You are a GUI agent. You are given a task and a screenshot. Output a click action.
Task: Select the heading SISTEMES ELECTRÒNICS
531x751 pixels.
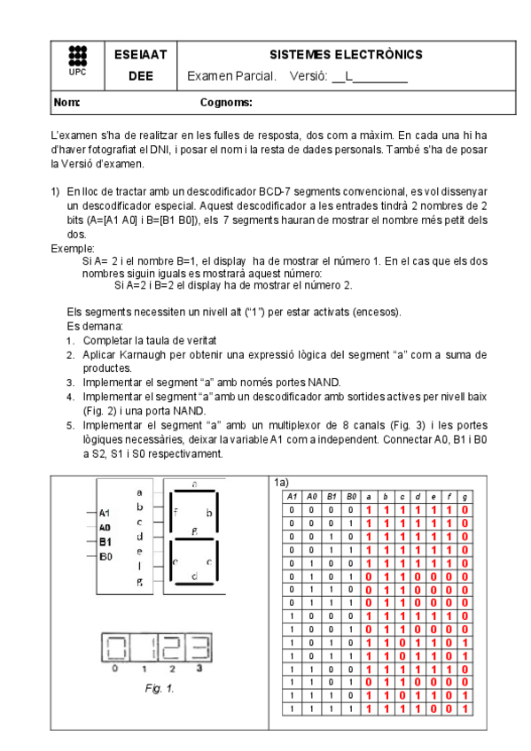(347, 55)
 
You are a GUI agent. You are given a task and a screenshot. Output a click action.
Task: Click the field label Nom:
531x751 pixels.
(67, 103)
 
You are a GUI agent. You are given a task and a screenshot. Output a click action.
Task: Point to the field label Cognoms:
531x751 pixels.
(227, 103)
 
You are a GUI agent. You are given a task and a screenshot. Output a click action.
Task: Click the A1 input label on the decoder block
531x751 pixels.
(105, 513)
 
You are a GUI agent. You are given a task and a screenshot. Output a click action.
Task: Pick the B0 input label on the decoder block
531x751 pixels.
(105, 555)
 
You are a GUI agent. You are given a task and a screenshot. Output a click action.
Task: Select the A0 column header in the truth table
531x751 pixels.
(311, 498)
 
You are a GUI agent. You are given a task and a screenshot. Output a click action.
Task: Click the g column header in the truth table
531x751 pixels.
(465, 498)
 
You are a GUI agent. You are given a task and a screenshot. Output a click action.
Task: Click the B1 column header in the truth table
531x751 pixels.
(331, 498)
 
